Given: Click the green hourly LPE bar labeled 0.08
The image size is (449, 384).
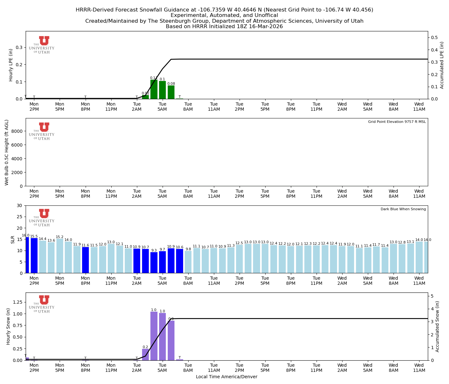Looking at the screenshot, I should click(x=171, y=92).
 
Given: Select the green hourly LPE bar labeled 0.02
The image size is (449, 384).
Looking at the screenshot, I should click(x=145, y=97).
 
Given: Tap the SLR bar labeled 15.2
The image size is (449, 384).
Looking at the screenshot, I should click(x=60, y=256).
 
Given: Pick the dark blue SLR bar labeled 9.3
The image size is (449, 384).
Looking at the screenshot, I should click(x=154, y=262).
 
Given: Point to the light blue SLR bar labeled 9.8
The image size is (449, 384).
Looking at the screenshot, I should click(x=188, y=262).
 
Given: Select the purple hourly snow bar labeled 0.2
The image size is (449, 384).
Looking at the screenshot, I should click(x=145, y=355).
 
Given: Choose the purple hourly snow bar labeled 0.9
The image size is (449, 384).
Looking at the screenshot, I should click(x=171, y=340).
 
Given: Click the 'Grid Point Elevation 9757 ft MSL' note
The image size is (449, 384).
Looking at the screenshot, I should click(x=397, y=122).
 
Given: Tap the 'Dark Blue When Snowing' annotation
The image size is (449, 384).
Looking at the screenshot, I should click(x=403, y=209).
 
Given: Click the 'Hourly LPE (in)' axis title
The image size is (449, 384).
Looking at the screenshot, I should click(x=11, y=65).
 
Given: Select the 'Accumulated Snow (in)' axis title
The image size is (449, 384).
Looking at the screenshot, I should click(x=437, y=326).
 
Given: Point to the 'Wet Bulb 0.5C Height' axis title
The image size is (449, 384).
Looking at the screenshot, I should click(x=7, y=152).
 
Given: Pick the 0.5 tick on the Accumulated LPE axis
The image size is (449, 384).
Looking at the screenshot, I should click(x=435, y=38).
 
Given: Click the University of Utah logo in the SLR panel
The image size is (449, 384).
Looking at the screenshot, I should click(x=42, y=218).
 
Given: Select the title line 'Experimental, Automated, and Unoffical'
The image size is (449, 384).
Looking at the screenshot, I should click(x=224, y=15).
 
